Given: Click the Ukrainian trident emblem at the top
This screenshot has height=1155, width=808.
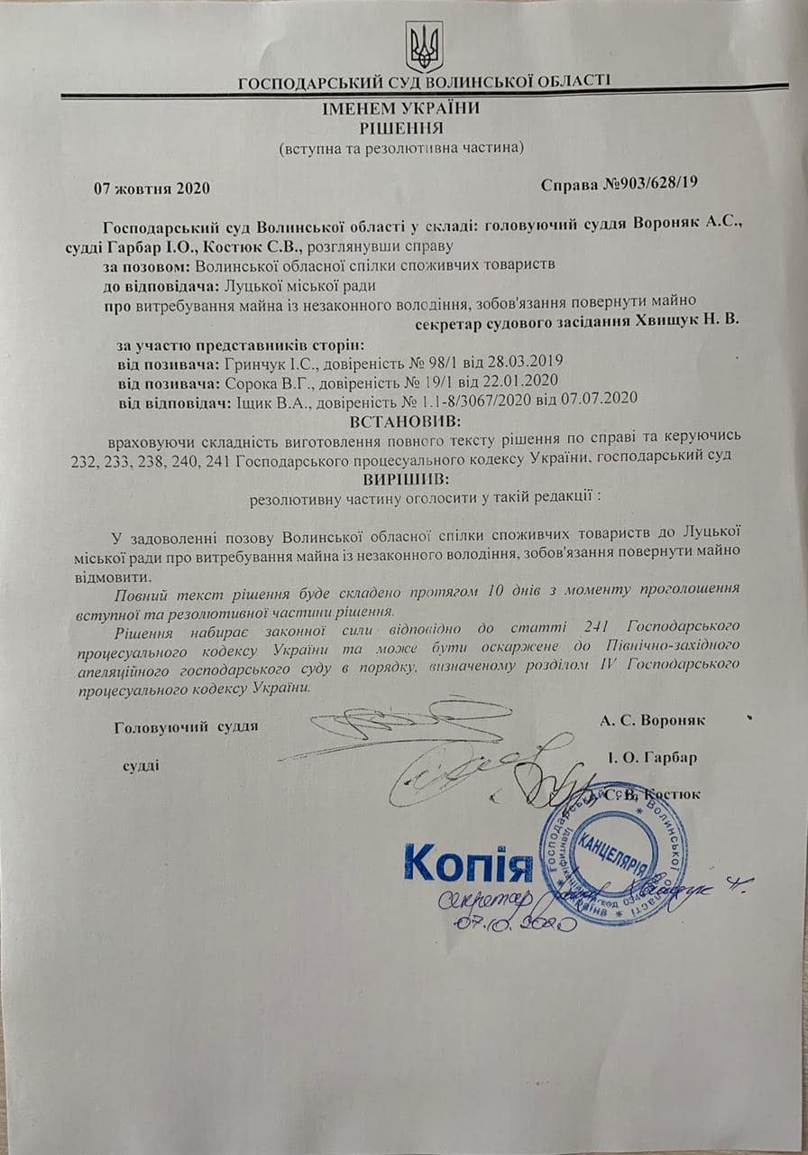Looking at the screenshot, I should [x=424, y=46].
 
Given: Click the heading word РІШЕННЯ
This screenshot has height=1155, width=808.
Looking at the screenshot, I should [x=401, y=127].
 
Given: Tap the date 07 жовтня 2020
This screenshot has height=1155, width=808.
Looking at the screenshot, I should [x=151, y=189].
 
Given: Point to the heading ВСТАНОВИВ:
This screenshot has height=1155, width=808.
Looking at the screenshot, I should [x=403, y=421].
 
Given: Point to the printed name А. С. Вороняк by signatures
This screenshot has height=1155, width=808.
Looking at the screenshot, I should [x=652, y=719].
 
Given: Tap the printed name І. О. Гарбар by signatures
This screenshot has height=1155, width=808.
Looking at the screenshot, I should [x=653, y=757].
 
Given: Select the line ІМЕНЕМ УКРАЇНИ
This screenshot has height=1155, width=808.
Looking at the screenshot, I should [x=402, y=108].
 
